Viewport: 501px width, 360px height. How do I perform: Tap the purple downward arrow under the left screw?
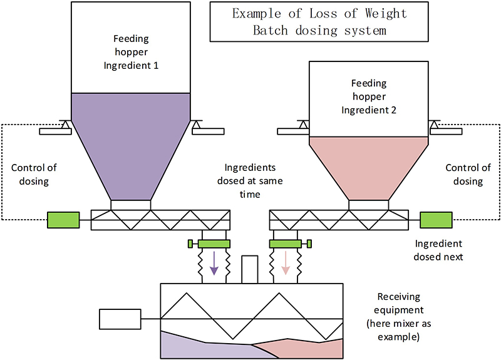click(x=214, y=262)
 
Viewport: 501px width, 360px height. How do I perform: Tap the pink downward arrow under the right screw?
click(x=286, y=262)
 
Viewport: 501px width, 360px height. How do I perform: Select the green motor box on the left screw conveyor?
click(x=63, y=220)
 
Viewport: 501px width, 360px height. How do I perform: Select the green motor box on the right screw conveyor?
click(x=436, y=220)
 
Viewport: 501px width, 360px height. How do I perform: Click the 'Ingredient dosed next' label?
click(x=438, y=250)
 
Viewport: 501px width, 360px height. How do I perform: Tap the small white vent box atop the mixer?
click(x=250, y=269)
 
